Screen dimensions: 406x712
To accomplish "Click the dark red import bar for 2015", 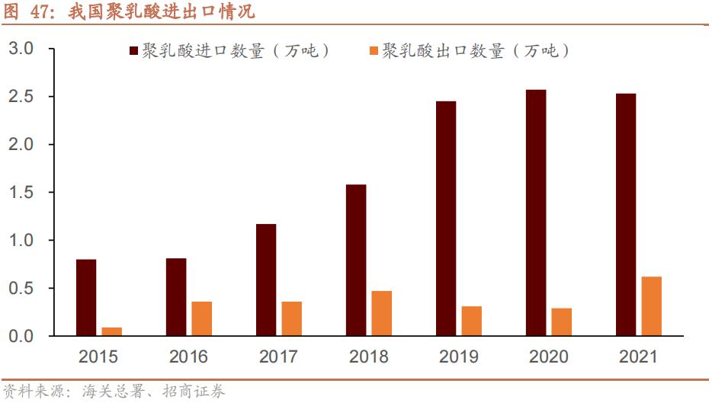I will point(86,297).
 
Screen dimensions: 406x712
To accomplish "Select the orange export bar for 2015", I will point(111,331).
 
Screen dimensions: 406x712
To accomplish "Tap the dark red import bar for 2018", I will point(356,260).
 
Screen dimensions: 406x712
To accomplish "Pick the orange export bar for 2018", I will point(381,313).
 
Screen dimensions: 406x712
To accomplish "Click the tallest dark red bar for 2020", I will point(536,213).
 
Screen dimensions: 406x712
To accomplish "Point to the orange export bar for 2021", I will point(651,305).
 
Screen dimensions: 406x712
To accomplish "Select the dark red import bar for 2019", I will point(446,218).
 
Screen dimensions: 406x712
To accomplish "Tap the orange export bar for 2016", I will point(201,318).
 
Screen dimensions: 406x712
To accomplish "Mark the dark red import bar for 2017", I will point(266,280).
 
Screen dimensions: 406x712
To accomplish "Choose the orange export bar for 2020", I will point(561,321).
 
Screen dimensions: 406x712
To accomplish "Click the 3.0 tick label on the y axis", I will point(21,49).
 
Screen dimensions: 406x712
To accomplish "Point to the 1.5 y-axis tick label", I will point(21,193).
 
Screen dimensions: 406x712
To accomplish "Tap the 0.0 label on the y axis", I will point(21,336).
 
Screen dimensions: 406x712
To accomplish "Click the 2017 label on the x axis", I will point(278,356).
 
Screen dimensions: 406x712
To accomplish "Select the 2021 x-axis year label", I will point(638,356).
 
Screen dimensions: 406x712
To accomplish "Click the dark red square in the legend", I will point(133,51).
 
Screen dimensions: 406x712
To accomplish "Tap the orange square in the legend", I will point(374,51).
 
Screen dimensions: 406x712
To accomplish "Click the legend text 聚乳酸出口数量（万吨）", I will point(476,51).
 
